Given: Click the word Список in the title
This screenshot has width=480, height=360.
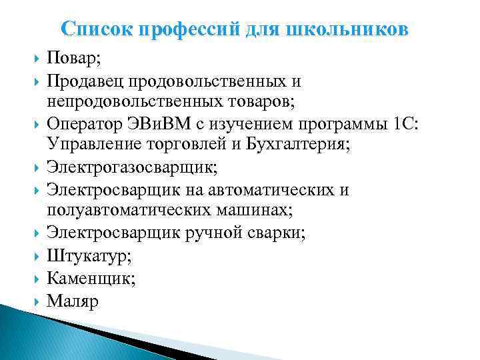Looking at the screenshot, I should (x=90, y=29).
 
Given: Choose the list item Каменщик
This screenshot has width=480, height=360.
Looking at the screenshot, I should (x=91, y=278).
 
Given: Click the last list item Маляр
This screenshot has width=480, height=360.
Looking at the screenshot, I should (x=72, y=301).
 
